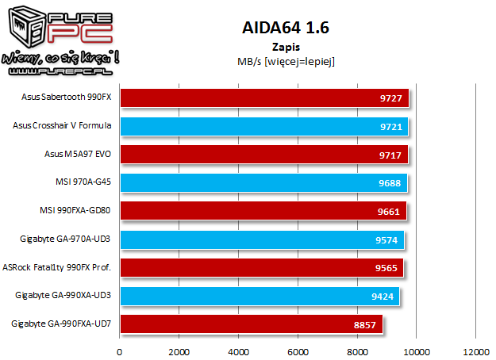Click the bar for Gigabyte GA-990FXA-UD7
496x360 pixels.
251,324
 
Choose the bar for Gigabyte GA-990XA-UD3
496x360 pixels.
259,296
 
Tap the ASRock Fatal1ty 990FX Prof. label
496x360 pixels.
56,267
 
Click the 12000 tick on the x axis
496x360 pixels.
475,351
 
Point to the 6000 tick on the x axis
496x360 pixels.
298,351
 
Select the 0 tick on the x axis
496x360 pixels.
120,351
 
